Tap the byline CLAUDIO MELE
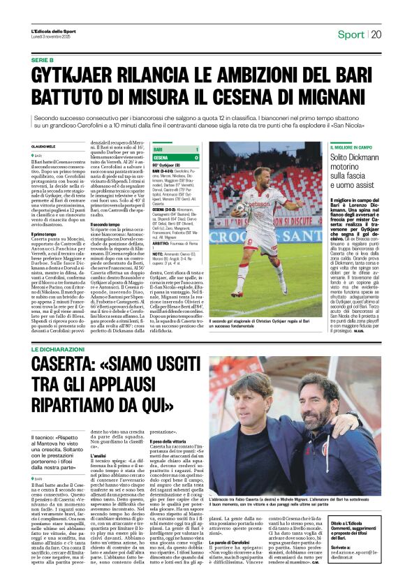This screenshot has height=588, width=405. tap(45, 145)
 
